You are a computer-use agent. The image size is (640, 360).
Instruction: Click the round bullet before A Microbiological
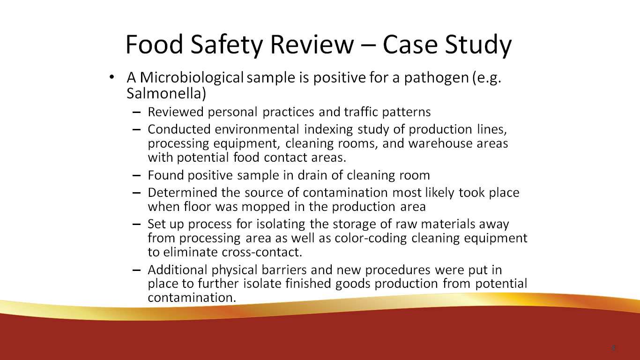click(111, 77)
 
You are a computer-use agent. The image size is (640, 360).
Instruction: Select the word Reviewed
click(176, 112)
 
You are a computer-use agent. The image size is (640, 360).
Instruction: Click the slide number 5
click(613, 348)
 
